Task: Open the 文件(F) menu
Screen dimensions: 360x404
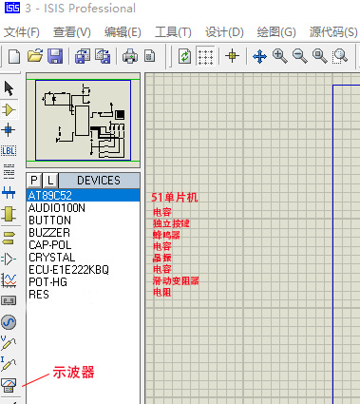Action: [27, 32]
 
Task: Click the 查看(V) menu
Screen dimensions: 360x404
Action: [71, 32]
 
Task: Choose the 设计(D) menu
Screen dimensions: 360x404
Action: [223, 32]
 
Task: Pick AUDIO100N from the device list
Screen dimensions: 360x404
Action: [57, 208]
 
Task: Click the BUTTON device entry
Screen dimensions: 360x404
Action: [49, 221]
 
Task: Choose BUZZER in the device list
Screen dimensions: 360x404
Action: [48, 233]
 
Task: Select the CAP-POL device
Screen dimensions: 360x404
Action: [50, 245]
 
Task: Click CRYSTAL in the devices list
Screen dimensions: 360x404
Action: [51, 258]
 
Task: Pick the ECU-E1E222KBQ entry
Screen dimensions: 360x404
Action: [68, 270]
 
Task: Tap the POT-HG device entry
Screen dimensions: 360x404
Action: [47, 282]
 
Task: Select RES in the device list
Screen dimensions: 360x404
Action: [39, 295]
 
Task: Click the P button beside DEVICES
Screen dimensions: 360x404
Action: [34, 181]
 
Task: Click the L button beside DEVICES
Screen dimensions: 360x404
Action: [51, 181]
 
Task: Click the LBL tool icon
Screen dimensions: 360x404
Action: [9, 150]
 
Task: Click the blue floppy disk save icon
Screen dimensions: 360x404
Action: [55, 56]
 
